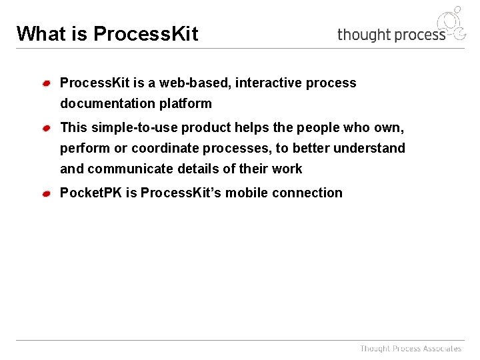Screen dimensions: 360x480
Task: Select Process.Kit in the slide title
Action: [145, 33]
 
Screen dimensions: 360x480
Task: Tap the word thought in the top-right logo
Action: [364, 35]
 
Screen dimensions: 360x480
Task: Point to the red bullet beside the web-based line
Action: [47, 83]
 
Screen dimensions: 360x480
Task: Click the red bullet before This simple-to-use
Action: [47, 127]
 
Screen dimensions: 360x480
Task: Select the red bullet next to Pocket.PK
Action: [47, 193]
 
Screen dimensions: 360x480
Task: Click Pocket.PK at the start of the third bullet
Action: [91, 193]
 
